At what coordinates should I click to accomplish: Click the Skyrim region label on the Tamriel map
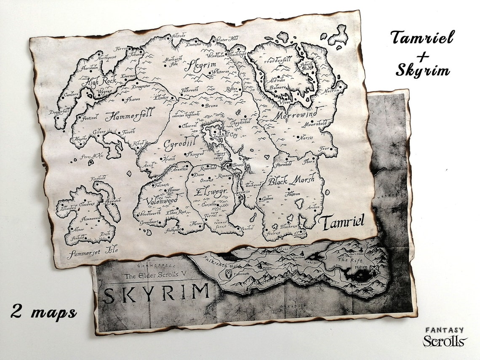pos(200,65)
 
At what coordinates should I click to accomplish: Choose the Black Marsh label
pos(291,180)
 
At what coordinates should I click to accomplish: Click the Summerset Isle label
pos(92,252)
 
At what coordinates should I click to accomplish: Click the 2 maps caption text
pos(44,312)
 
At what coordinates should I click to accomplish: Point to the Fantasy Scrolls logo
pos(445,337)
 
